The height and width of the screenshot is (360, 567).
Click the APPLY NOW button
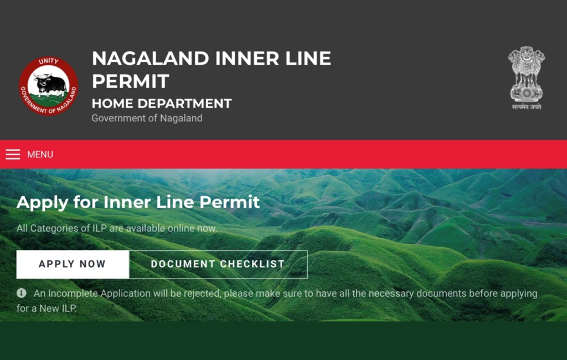pyautogui.click(x=73, y=264)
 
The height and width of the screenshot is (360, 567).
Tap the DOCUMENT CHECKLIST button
pyautogui.click(x=218, y=264)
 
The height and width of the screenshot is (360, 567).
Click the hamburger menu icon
pyautogui.click(x=13, y=155)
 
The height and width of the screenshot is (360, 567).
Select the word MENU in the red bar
pyautogui.click(x=40, y=155)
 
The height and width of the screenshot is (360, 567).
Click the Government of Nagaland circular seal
pyautogui.click(x=49, y=86)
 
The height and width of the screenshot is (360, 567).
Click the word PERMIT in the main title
pyautogui.click(x=131, y=81)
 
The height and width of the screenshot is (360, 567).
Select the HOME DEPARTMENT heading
pyautogui.click(x=162, y=104)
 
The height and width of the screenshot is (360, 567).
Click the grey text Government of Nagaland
pyautogui.click(x=147, y=119)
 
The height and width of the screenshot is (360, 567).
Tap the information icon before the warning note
pyautogui.click(x=22, y=293)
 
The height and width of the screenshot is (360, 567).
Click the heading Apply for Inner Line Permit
pyautogui.click(x=138, y=202)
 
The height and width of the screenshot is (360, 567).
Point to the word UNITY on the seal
pyautogui.click(x=49, y=61)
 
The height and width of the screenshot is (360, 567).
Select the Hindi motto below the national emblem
pyautogui.click(x=527, y=107)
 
